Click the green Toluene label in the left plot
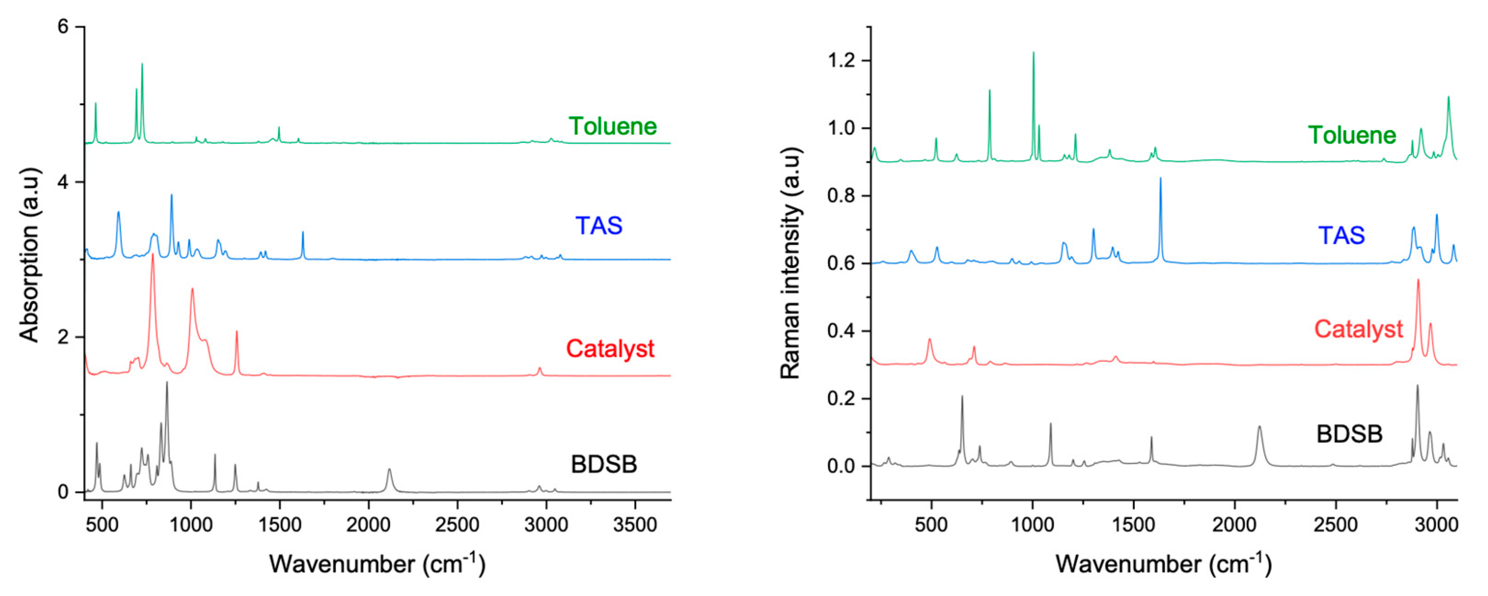[612, 127]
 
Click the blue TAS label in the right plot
[1341, 236]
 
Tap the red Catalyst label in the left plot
[610, 349]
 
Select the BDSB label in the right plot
[1349, 434]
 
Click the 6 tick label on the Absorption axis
[63, 27]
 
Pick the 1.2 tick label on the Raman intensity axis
[841, 61]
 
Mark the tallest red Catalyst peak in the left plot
[152, 255]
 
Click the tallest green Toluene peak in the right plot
[1033, 54]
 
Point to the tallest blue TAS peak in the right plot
[1161, 179]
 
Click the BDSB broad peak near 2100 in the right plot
[1259, 428]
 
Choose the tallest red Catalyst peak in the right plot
[1418, 281]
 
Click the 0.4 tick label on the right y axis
[841, 331]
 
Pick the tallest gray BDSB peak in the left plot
[167, 383]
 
